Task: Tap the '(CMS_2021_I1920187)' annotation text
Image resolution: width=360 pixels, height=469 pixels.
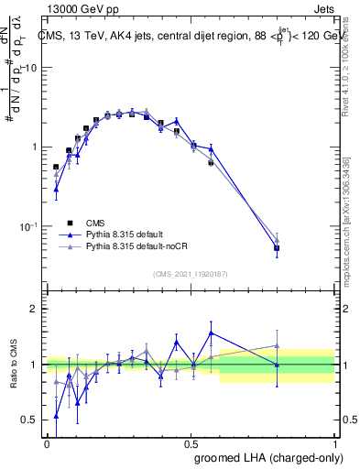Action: tap(191, 272)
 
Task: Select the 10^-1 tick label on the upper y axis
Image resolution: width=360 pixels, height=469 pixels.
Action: tap(27, 225)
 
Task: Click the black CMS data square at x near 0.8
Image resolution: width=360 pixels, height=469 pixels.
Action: tap(277, 248)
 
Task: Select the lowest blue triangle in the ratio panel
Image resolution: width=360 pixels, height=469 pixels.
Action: tap(56, 416)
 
